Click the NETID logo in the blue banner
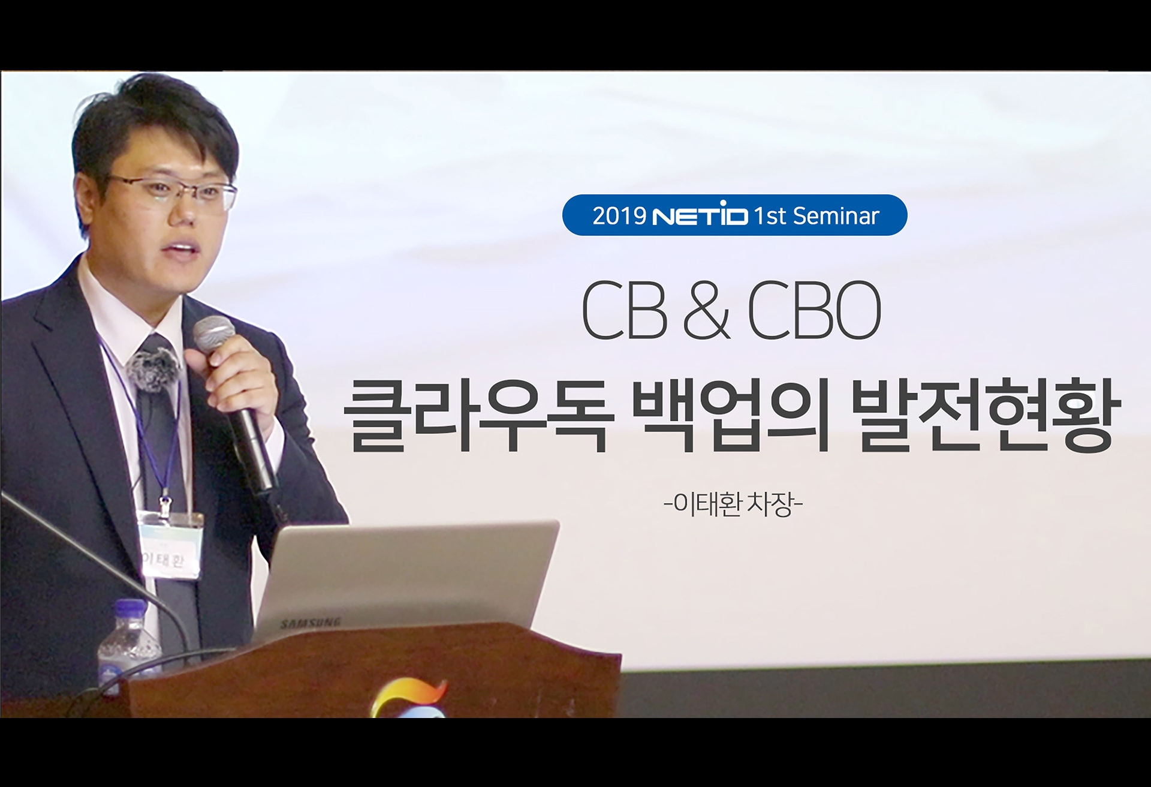700,215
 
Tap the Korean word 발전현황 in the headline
983,414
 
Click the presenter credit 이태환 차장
733,504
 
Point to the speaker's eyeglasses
174,192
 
